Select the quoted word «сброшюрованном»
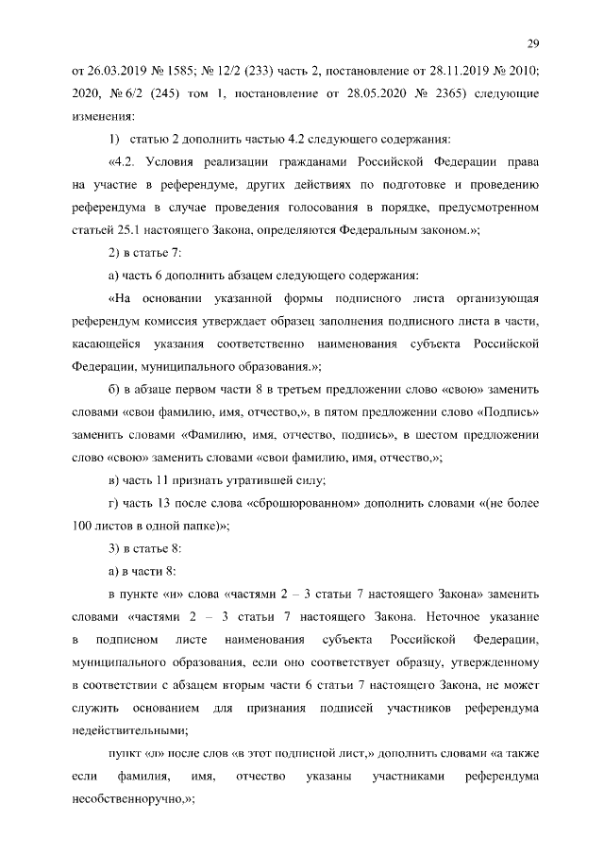tap(298, 504)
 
